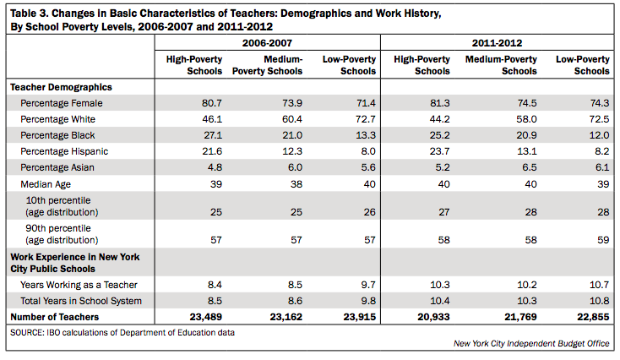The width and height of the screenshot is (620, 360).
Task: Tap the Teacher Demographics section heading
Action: [61, 87]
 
